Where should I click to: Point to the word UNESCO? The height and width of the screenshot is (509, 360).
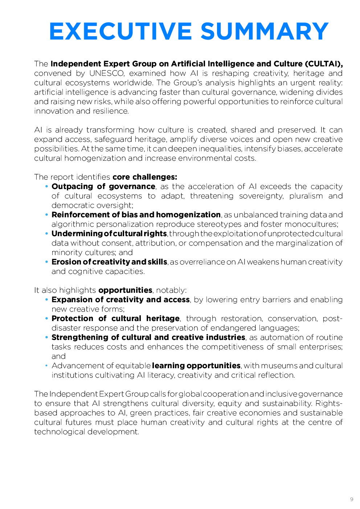(x=107, y=73)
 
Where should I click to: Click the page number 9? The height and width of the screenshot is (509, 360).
(x=351, y=500)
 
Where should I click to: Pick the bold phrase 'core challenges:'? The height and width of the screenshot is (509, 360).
(x=145, y=177)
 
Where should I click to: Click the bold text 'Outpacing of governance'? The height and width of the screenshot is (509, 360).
(x=103, y=186)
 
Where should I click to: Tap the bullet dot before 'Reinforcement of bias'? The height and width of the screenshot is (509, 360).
(x=46, y=215)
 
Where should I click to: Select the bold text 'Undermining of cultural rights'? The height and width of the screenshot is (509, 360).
(x=109, y=234)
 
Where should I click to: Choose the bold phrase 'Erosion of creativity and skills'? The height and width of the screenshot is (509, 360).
(x=109, y=262)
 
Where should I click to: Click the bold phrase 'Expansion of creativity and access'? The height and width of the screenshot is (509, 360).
(x=120, y=300)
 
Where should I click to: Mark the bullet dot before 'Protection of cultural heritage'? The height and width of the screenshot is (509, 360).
(x=46, y=319)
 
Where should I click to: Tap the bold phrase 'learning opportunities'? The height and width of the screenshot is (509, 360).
(x=196, y=366)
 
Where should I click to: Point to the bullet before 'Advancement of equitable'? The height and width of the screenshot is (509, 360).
(x=46, y=366)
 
